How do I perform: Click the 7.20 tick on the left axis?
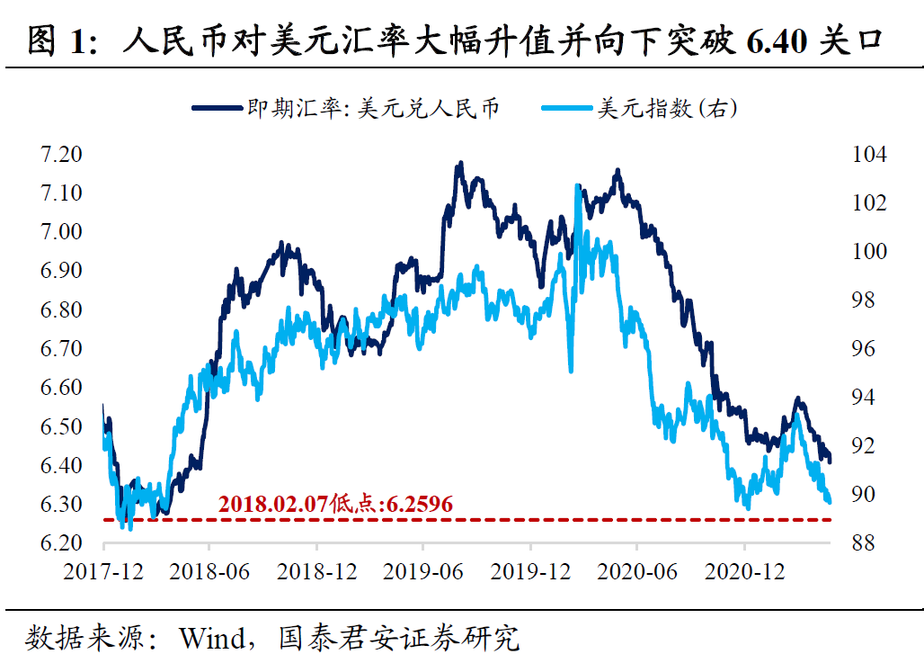61,155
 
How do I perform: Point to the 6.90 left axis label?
61,271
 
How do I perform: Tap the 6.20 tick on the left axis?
61,543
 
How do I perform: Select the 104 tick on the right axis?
868,155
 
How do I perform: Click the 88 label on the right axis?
862,543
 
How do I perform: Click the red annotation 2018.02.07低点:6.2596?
335,504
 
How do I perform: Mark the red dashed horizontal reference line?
539,520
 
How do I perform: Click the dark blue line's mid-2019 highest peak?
460,164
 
